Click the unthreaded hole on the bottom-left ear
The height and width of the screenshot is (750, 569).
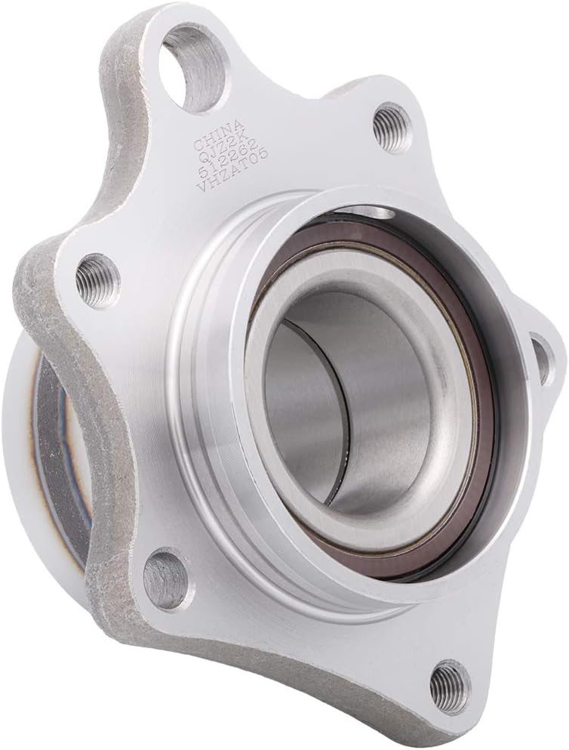pos(166,577)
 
